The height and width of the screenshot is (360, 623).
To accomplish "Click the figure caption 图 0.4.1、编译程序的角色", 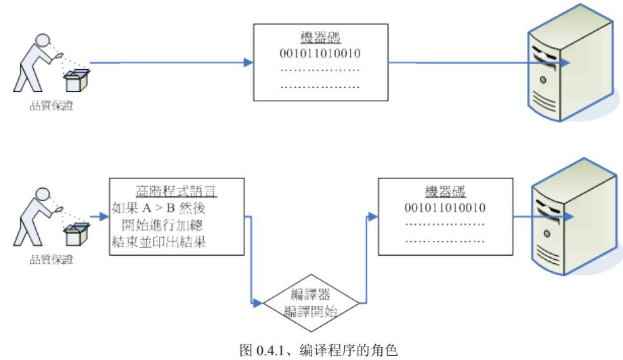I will point(311,350).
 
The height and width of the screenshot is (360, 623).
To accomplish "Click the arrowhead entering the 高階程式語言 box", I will point(104,218).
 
